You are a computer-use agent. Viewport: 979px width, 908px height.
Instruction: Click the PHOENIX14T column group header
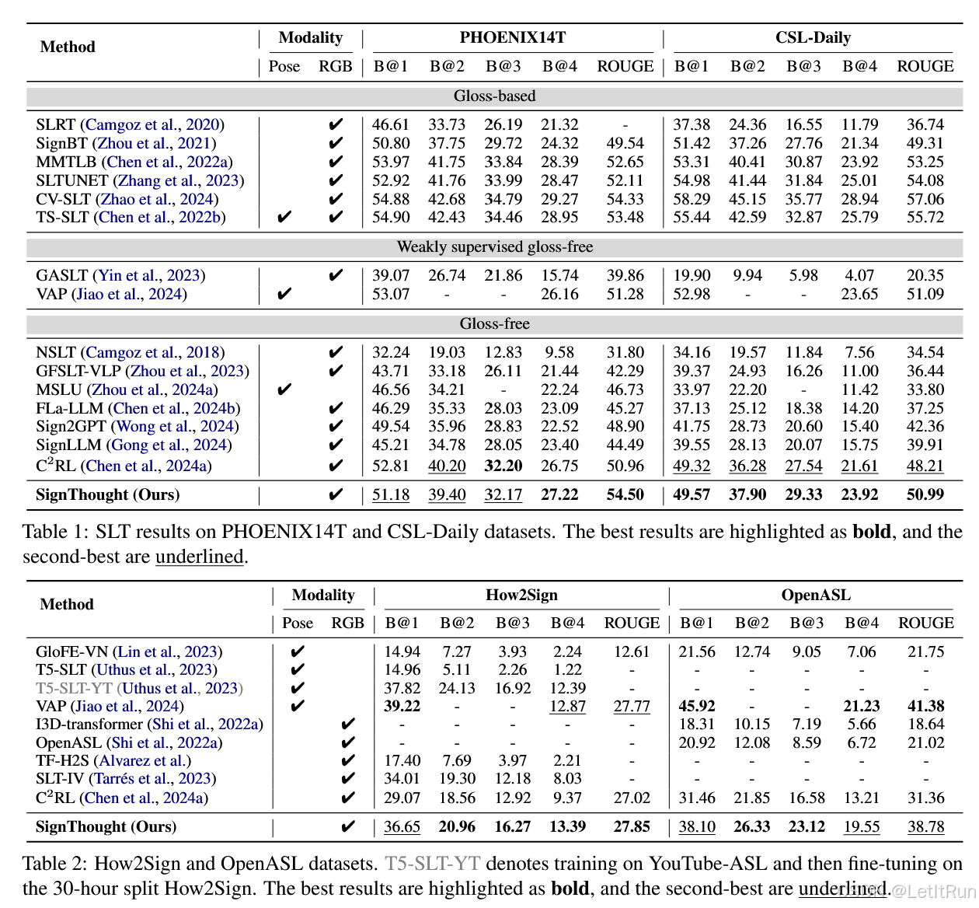(513, 37)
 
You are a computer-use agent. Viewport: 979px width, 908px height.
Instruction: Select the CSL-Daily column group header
(813, 37)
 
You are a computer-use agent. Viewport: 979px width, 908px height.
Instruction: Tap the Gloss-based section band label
(494, 96)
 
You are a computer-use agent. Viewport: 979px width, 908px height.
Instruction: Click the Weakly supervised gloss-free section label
(494, 246)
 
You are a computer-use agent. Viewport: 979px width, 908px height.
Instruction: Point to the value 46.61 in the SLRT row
(390, 124)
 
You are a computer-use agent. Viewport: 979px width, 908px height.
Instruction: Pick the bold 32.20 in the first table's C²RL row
(503, 466)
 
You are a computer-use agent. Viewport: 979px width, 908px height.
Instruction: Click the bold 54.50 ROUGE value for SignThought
(625, 494)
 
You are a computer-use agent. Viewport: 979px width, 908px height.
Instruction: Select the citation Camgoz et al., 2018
(152, 352)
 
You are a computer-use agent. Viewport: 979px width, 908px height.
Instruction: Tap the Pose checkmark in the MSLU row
(284, 389)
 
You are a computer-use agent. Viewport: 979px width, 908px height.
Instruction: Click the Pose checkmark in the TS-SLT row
(284, 217)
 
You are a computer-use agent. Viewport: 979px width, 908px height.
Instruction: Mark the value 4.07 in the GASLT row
(859, 275)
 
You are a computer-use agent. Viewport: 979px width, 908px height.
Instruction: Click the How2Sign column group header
(521, 595)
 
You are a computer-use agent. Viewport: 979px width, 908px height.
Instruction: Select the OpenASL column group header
(816, 595)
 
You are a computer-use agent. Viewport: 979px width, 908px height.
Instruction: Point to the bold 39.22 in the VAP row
(402, 706)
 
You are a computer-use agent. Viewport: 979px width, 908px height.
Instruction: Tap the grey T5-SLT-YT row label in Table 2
(74, 687)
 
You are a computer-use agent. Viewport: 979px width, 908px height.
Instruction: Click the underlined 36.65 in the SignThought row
(402, 826)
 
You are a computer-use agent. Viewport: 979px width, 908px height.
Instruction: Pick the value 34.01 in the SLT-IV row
(402, 778)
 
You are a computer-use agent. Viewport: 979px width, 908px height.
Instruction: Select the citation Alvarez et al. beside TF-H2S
(142, 760)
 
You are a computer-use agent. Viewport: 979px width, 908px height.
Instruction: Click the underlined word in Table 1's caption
(199, 557)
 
